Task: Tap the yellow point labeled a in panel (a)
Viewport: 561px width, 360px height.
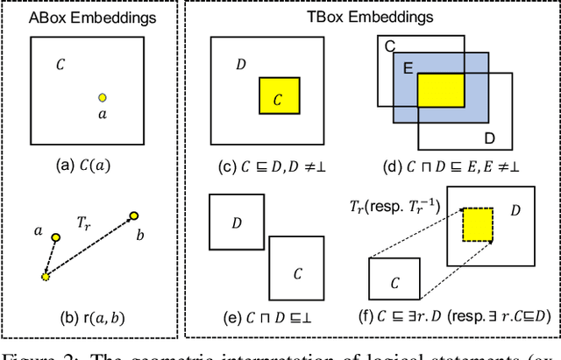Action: click(103, 97)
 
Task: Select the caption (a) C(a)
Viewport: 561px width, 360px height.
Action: click(94, 164)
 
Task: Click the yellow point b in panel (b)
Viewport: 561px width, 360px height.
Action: click(133, 215)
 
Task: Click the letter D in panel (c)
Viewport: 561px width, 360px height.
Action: click(240, 65)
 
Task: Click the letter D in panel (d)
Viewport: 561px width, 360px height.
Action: click(489, 138)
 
